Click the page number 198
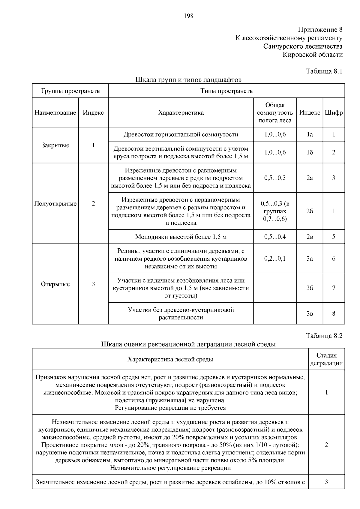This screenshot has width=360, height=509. click(188, 16)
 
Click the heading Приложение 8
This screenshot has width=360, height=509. click(320, 30)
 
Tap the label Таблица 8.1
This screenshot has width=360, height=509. click(324, 71)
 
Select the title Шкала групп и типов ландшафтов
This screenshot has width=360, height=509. click(188, 80)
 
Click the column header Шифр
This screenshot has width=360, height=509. click(334, 113)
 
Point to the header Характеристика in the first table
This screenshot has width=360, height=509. click(181, 113)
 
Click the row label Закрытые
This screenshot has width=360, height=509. click(55, 145)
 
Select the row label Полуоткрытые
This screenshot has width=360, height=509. click(55, 204)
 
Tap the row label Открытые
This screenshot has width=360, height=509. click(55, 284)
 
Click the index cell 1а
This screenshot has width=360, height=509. click(310, 135)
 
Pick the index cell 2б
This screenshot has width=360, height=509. click(310, 211)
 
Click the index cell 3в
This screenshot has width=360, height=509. click(310, 314)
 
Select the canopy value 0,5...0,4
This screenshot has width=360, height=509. click(275, 237)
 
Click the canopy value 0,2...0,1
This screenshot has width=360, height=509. click(275, 259)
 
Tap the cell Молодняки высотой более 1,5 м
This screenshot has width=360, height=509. click(181, 237)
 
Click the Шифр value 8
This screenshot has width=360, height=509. click(334, 314)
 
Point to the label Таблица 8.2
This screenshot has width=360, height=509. click(324, 336)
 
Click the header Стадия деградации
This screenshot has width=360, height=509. click(326, 359)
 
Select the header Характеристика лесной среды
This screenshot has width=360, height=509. click(170, 359)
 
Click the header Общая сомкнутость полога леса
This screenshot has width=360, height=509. click(275, 113)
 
